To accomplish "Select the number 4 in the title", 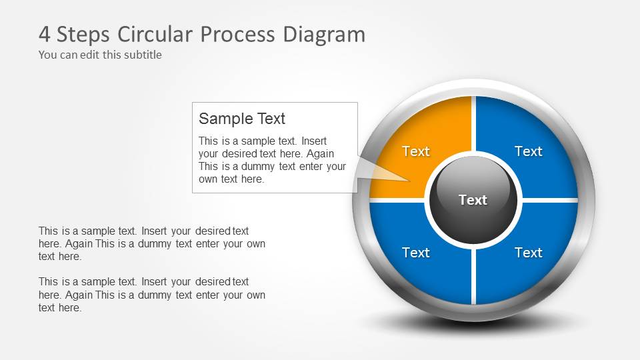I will pos(45,34).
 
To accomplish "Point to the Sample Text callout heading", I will pos(242,119).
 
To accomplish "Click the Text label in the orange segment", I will pos(416,151).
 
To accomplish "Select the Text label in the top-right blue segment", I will pos(528,151).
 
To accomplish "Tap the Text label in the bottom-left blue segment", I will pos(416,253).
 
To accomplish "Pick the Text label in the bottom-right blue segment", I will pos(528,253).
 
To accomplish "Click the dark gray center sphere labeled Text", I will pos(473,200).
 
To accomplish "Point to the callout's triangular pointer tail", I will pos(380,171).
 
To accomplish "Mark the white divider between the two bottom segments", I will pos(473,273).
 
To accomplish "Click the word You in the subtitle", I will pos(48,55).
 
